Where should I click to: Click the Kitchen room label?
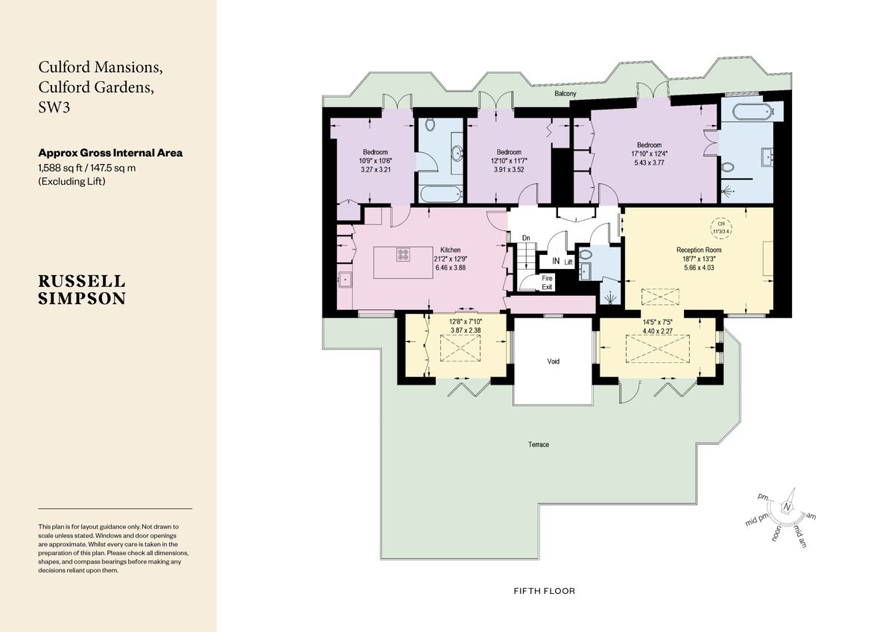pyautogui.click(x=450, y=250)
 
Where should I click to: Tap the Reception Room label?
pyautogui.click(x=699, y=250)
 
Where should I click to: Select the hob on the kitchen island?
pyautogui.click(x=403, y=254)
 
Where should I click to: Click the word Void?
pyautogui.click(x=553, y=361)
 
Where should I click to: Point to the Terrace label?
pyautogui.click(x=539, y=445)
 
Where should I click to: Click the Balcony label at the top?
pyautogui.click(x=565, y=95)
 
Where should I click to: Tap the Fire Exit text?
pyautogui.click(x=547, y=282)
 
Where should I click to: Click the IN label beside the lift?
pyautogui.click(x=556, y=262)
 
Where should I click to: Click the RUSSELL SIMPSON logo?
pyautogui.click(x=82, y=289)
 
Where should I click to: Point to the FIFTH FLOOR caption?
pyautogui.click(x=544, y=591)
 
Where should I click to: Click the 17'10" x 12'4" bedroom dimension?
pyautogui.click(x=648, y=154)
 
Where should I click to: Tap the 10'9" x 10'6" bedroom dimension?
pyautogui.click(x=375, y=161)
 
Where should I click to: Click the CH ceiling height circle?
pyautogui.click(x=720, y=227)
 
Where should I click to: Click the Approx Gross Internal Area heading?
pyautogui.click(x=110, y=153)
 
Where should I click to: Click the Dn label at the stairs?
pyautogui.click(x=525, y=238)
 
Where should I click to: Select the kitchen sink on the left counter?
pyautogui.click(x=346, y=282)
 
